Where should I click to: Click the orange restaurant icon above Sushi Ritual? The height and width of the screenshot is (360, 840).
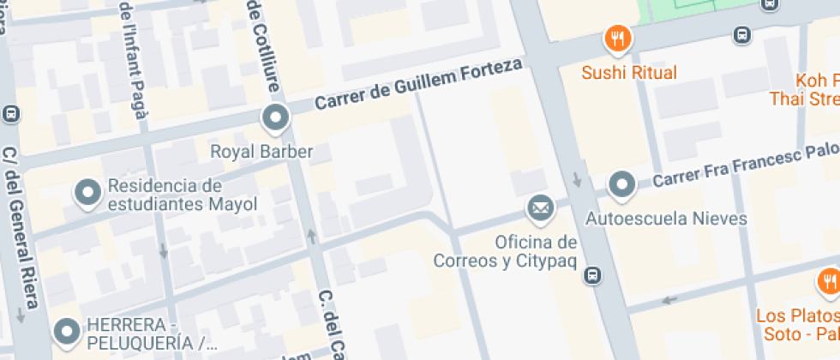pyautogui.click(x=617, y=38)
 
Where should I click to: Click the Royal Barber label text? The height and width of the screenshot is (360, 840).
pyautogui.click(x=261, y=153)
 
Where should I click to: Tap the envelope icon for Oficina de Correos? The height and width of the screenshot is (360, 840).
pyautogui.click(x=539, y=207)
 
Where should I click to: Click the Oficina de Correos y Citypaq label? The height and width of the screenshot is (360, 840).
pyautogui.click(x=505, y=250)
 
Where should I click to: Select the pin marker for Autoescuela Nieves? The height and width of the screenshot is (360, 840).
pyautogui.click(x=621, y=184)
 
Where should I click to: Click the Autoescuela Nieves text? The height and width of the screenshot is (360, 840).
pyautogui.click(x=666, y=219)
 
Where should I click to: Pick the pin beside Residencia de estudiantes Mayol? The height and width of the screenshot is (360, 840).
pyautogui.click(x=88, y=194)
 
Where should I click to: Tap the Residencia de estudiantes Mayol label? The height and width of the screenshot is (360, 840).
pyautogui.click(x=165, y=195)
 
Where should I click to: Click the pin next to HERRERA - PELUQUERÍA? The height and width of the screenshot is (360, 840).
pyautogui.click(x=66, y=330)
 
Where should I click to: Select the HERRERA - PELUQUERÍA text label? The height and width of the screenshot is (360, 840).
pyautogui.click(x=146, y=335)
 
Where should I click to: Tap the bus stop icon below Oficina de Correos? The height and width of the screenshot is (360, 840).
pyautogui.click(x=591, y=275)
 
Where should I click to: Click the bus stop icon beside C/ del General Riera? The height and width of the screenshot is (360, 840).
pyautogui.click(x=12, y=112)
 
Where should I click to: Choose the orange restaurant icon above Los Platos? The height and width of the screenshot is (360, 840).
pyautogui.click(x=828, y=281)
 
